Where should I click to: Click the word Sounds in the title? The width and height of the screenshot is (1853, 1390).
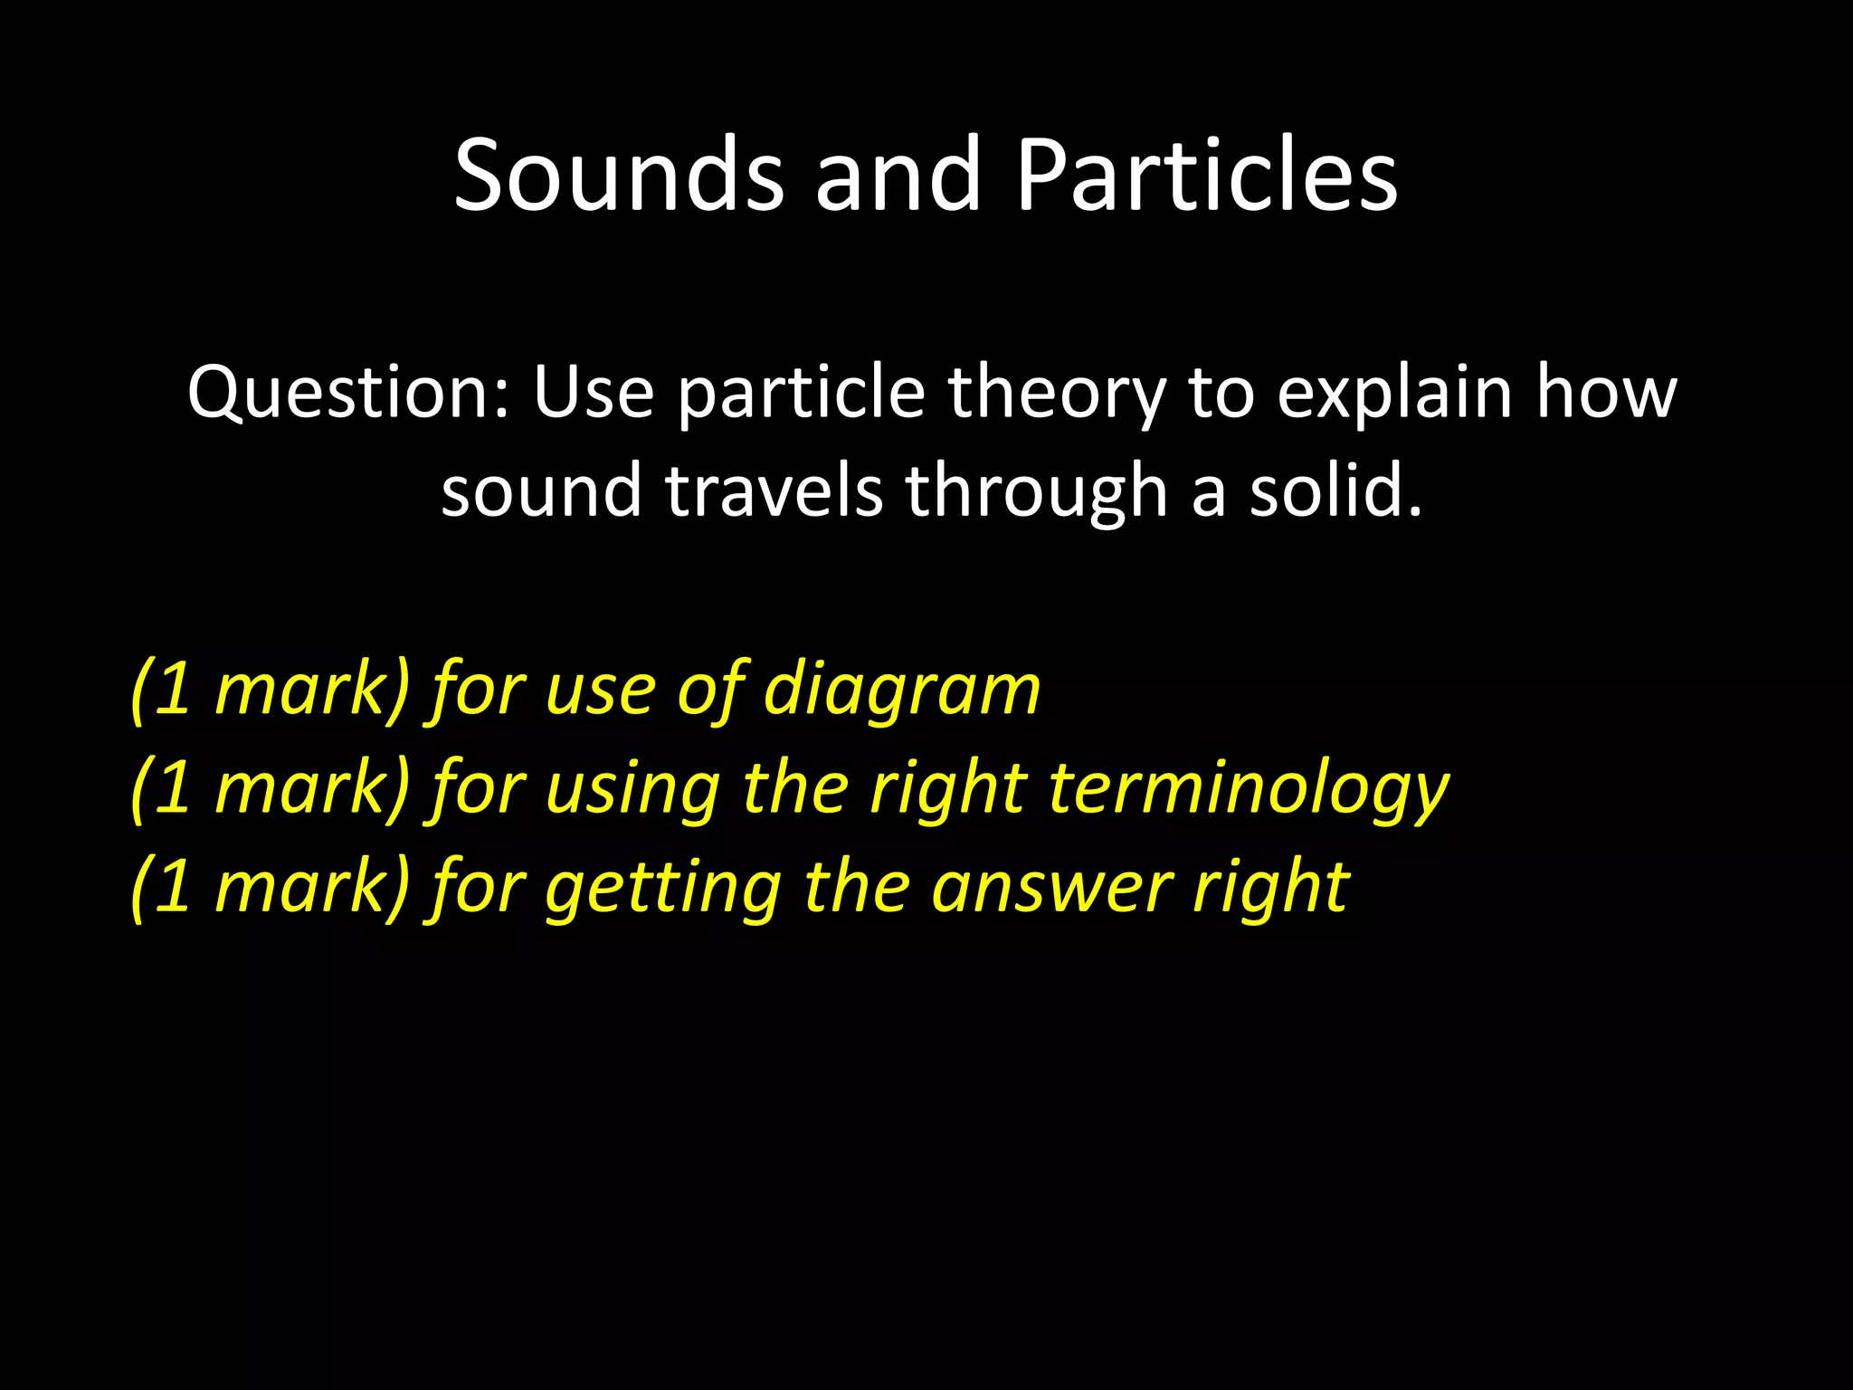click(x=618, y=175)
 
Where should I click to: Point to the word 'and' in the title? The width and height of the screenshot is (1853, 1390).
click(x=898, y=175)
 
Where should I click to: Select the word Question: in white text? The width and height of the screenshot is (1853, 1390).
click(x=348, y=395)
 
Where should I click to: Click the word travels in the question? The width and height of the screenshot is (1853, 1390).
click(x=774, y=490)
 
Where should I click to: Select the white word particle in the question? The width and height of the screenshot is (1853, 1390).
click(x=801, y=395)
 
